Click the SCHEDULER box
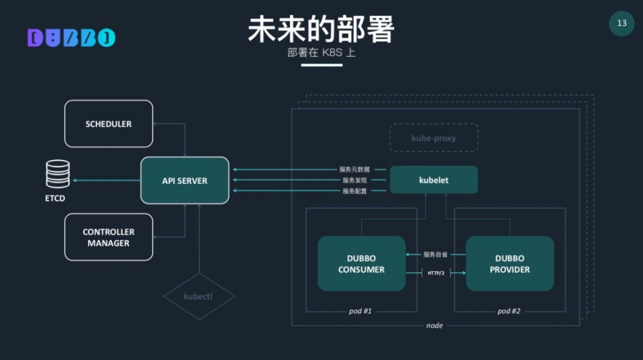pos(109,123)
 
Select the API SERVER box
pos(185,181)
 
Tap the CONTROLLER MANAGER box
pos(109,237)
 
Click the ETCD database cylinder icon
pos(57,174)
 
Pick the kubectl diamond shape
pos(199,296)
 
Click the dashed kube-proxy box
pos(434,138)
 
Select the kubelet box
pos(434,180)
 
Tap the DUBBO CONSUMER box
pos(361,264)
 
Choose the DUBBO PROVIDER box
pos(510,264)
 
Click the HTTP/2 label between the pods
pos(436,273)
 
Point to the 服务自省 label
pos(435,255)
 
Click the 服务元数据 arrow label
pos(354,170)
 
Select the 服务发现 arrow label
pos(354,181)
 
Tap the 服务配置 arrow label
pos(354,191)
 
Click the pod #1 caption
pos(360,311)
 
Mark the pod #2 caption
pos(509,311)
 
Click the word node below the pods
pos(435,325)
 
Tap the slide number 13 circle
pos(622,24)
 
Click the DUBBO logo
pos(71,38)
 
